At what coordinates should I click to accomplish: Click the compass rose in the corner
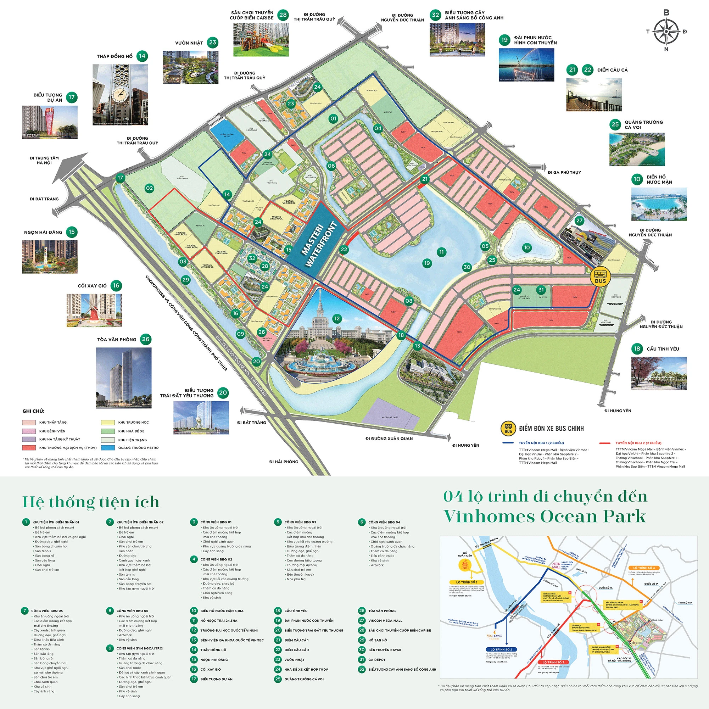pyautogui.click(x=666, y=32)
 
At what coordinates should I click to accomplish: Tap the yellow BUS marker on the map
pyautogui.click(x=601, y=277)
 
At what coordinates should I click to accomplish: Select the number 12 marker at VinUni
pyautogui.click(x=337, y=319)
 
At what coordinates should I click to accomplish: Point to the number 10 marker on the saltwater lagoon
pyautogui.click(x=527, y=247)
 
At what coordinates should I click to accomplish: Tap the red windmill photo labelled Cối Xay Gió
pyautogui.click(x=94, y=311)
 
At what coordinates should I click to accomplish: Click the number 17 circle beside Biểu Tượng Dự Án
pyautogui.click(x=72, y=97)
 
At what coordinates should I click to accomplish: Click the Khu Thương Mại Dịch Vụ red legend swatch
pyautogui.click(x=29, y=448)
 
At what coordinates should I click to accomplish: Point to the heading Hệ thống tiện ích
pyautogui.click(x=91, y=502)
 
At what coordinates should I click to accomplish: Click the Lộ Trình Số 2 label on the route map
pyautogui.click(x=502, y=649)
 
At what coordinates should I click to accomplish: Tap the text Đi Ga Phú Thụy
pyautogui.click(x=564, y=173)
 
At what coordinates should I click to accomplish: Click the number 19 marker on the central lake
pyautogui.click(x=427, y=263)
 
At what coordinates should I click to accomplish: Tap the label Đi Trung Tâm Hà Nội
pyautogui.click(x=44, y=160)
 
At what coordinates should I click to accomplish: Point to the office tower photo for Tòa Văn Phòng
pyautogui.click(x=124, y=378)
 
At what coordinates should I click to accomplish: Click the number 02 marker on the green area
pyautogui.click(x=149, y=188)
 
